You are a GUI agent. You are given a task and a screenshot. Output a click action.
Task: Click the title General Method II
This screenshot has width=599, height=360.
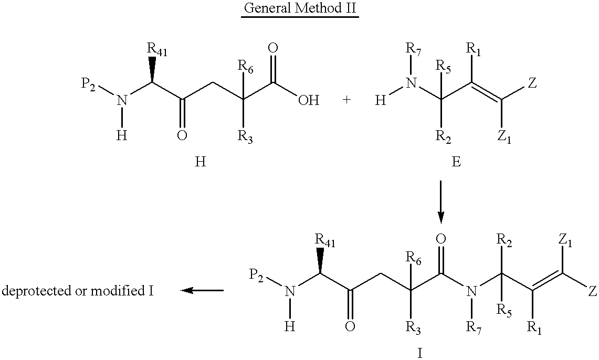coord(300,8)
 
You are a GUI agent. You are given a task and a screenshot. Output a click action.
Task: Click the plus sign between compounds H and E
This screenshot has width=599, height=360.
coord(346,100)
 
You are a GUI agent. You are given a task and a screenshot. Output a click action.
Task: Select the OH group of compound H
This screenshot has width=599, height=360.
coord(309,100)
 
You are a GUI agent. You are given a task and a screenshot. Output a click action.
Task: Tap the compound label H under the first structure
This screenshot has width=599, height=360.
coord(200,162)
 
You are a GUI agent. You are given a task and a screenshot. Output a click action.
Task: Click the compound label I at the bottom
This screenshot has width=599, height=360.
coord(419,353)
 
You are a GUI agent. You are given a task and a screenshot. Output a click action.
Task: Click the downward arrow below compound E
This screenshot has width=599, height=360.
coord(441,202)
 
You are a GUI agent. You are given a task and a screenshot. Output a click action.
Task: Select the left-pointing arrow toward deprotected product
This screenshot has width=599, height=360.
coord(202,291)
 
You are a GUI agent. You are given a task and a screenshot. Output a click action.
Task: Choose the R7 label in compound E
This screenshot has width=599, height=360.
coord(413,50)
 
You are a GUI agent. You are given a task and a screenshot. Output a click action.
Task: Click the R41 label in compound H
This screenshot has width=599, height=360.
coord(157,50)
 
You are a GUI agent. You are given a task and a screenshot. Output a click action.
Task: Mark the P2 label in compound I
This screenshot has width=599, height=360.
coord(256,276)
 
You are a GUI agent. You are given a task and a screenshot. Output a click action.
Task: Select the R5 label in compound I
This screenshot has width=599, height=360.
coord(505,309)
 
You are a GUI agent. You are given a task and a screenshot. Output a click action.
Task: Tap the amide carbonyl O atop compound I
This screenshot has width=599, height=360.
coord(440,239)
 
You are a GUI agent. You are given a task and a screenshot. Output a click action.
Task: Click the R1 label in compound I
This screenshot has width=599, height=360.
coord(534,327)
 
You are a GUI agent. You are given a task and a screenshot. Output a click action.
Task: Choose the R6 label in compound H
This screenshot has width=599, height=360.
coord(245,66)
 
